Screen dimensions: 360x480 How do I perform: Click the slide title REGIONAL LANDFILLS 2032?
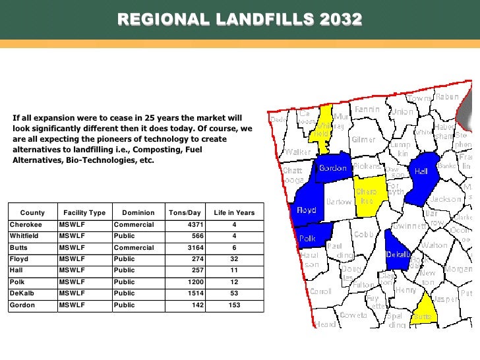coord(240,20)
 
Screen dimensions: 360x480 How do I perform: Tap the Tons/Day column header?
coord(185,213)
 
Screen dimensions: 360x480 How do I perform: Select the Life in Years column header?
coord(234,213)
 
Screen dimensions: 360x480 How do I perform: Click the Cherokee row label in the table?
coord(25,225)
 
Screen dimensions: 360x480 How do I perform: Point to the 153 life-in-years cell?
coord(234,305)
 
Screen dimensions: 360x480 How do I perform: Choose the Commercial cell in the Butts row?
coord(133,248)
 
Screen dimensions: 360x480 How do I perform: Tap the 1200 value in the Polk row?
coord(193,282)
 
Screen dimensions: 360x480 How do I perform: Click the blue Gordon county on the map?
coord(333,169)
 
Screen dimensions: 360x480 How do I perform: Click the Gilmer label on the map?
coord(363,140)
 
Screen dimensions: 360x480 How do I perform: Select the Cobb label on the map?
coord(364,234)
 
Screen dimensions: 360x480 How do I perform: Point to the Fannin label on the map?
coord(366,109)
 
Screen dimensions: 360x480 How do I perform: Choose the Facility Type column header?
coord(84,213)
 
